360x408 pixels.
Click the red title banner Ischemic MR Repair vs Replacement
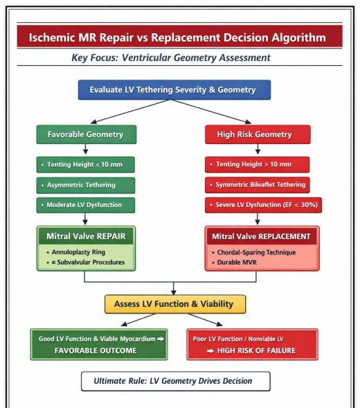[179, 36]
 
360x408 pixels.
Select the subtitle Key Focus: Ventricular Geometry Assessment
[171, 57]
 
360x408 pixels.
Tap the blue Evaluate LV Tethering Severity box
[174, 89]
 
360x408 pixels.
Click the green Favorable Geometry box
[86, 134]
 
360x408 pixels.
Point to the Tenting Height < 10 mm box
[86, 164]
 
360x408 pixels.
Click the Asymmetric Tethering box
[86, 185]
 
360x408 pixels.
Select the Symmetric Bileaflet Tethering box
[257, 185]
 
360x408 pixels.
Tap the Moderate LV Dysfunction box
[86, 205]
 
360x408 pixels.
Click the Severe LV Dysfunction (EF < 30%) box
[264, 205]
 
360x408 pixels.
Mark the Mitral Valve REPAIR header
[86, 236]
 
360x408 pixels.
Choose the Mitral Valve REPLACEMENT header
[262, 237]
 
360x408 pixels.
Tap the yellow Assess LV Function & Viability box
[175, 304]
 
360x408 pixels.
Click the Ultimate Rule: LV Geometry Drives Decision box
[172, 381]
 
